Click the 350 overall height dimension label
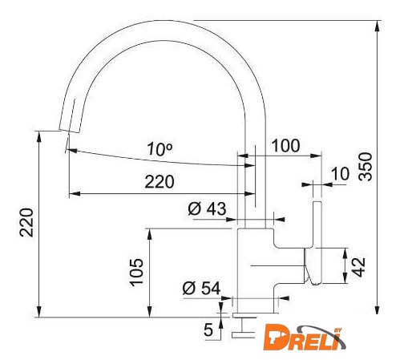tap(366, 166)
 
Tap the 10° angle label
tap(160, 149)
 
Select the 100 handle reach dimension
tap(285, 146)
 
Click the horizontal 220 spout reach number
tap(160, 182)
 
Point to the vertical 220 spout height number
tap(26, 222)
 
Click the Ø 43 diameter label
tap(207, 208)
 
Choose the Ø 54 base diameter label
tap(201, 288)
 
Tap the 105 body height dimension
tap(136, 273)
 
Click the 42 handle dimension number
tap(358, 267)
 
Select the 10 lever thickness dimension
tap(340, 174)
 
